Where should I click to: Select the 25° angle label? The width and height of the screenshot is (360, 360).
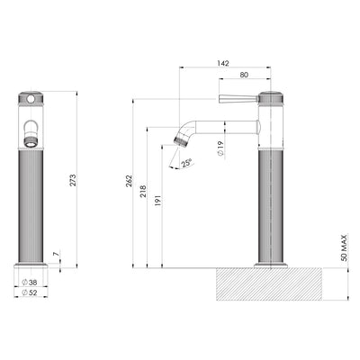pyautogui.click(x=186, y=163)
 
